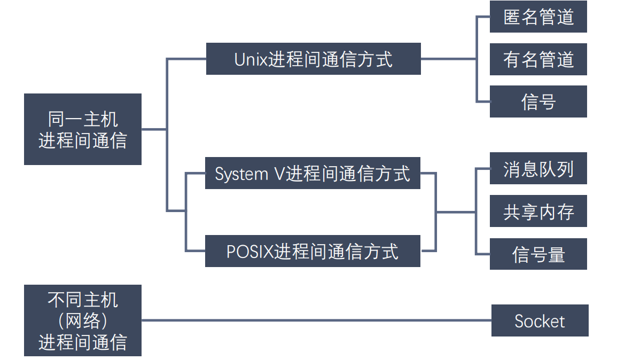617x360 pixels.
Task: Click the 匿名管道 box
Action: click(538, 17)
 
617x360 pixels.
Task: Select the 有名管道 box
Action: click(538, 59)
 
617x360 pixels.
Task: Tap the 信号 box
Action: click(538, 101)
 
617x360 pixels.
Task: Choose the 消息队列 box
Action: click(538, 169)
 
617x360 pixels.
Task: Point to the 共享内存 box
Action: click(538, 212)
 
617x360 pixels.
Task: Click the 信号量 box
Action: click(538, 254)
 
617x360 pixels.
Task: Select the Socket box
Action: click(540, 320)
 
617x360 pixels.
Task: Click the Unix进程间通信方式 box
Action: click(313, 59)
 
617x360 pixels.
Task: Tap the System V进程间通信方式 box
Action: click(313, 173)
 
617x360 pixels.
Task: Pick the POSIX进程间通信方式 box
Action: click(313, 251)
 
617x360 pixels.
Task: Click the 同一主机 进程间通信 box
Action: click(83, 129)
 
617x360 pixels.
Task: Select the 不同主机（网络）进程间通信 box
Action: click(83, 320)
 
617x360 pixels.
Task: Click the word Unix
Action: click(251, 59)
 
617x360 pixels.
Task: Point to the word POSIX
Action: click(249, 252)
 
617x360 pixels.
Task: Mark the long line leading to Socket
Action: click(315, 320)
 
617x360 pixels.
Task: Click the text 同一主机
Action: click(83, 119)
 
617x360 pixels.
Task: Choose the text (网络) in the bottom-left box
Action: click(83, 320)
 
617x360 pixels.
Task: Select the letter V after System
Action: click(280, 174)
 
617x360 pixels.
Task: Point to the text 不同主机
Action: click(83, 300)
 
